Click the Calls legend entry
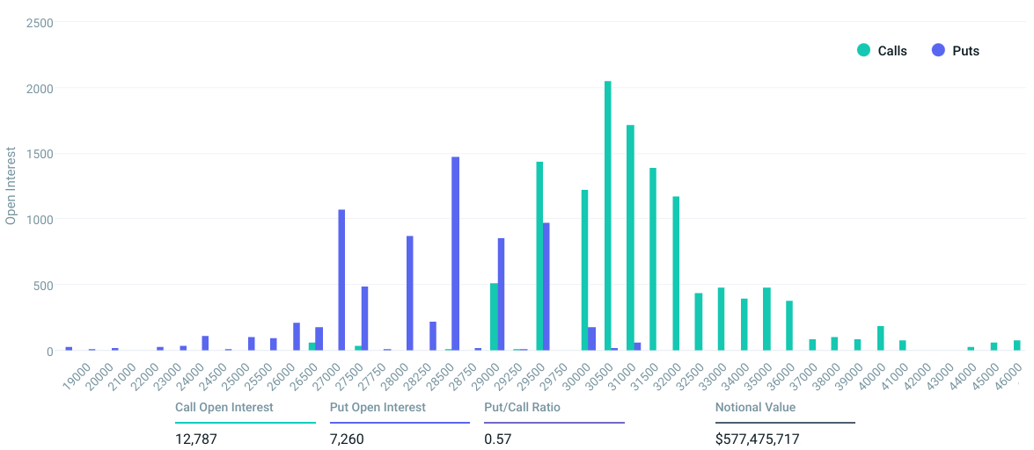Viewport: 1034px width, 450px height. (883, 51)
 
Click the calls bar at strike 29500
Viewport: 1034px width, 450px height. (539, 256)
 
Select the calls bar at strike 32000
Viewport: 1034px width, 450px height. (676, 273)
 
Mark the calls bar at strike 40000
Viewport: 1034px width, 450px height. (880, 338)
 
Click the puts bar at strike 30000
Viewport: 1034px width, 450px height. (591, 338)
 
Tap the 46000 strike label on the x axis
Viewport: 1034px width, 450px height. (1004, 375)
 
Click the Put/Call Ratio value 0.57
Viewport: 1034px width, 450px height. (498, 439)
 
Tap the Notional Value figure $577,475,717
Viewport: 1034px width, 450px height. (758, 439)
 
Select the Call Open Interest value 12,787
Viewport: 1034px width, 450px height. (195, 439)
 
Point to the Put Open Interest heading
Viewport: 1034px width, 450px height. (378, 407)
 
